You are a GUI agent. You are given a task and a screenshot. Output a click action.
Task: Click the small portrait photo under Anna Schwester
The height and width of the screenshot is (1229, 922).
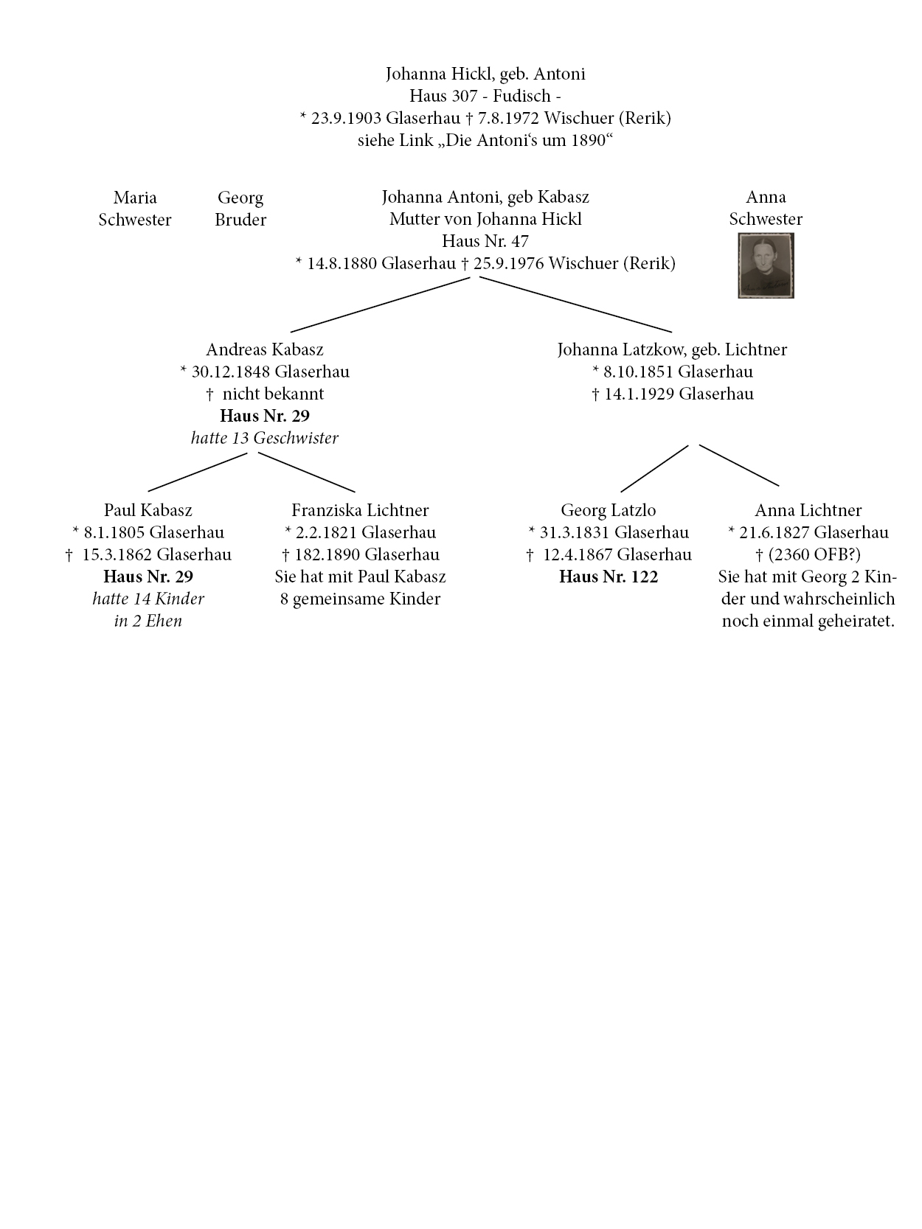click(x=766, y=265)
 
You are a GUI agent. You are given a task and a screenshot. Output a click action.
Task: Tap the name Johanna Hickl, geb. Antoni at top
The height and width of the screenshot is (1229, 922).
click(x=485, y=74)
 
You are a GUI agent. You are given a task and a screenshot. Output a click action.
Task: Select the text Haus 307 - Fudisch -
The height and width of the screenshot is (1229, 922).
click(x=485, y=96)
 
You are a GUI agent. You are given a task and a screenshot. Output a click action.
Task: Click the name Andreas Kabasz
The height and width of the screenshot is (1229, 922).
click(x=265, y=349)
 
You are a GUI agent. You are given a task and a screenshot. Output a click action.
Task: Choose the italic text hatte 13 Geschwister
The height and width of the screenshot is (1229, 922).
click(x=265, y=438)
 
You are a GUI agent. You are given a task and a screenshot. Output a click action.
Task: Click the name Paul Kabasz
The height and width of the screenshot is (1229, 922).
click(x=148, y=510)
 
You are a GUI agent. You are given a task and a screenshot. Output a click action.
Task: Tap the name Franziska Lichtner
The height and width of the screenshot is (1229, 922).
click(x=360, y=510)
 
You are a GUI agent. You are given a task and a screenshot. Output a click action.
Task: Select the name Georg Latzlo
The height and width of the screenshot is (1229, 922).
click(x=609, y=510)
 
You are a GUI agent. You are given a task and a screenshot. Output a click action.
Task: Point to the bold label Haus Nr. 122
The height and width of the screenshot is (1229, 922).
click(x=609, y=577)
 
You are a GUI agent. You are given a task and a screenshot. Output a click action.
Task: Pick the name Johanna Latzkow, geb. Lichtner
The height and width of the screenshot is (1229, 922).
click(x=672, y=349)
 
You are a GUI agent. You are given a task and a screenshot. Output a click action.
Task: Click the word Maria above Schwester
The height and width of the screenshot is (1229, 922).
click(x=135, y=198)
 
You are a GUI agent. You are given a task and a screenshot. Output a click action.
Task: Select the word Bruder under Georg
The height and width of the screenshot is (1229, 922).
click(x=240, y=220)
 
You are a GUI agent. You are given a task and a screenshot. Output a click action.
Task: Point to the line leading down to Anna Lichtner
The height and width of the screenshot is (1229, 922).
click(x=739, y=465)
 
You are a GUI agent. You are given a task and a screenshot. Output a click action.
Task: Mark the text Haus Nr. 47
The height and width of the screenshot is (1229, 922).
click(x=485, y=241)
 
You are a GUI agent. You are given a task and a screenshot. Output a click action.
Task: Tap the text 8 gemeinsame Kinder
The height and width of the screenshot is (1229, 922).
click(x=360, y=599)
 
